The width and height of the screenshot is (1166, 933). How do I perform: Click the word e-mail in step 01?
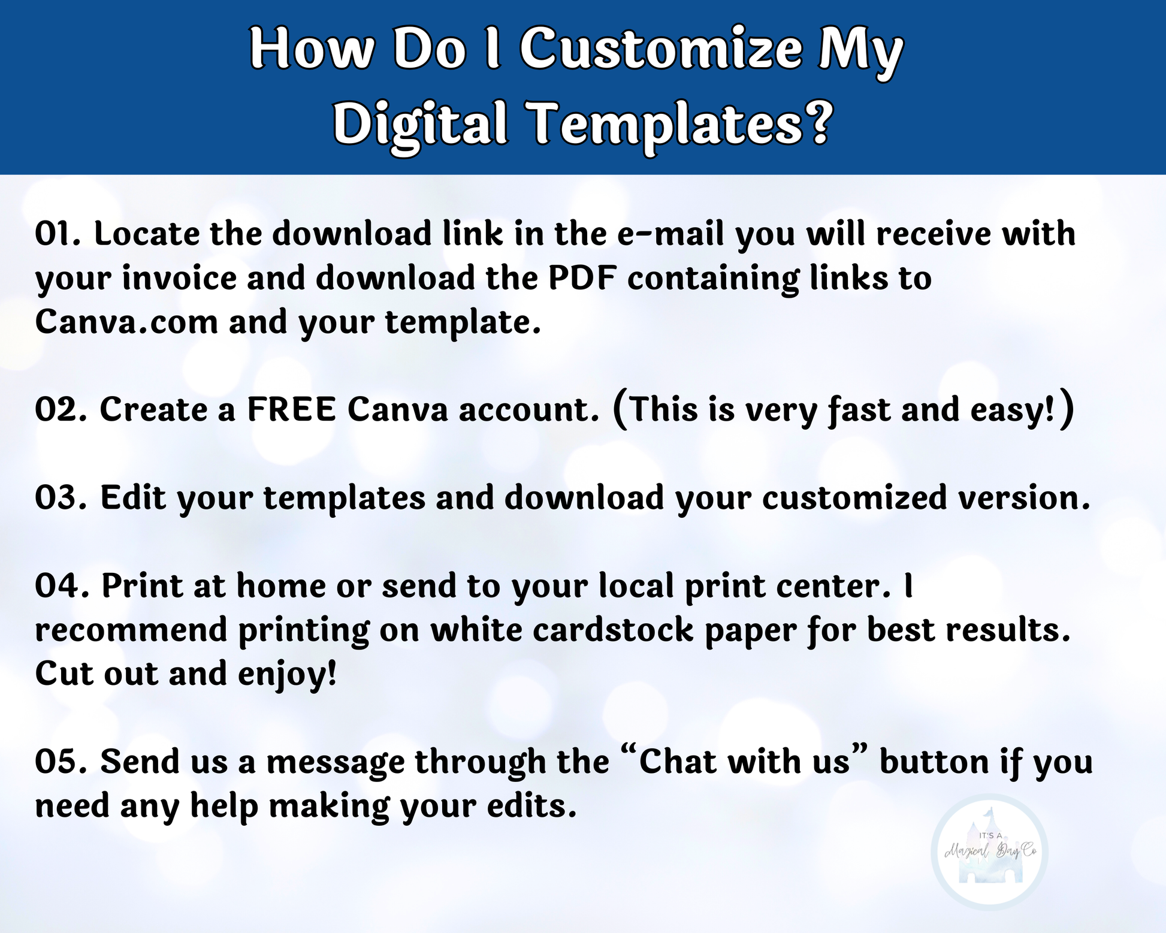tap(670, 233)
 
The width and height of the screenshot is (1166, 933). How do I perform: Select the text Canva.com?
tap(126, 322)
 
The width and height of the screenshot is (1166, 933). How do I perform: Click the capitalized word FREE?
tap(291, 410)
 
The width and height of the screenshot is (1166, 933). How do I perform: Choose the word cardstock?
tap(613, 630)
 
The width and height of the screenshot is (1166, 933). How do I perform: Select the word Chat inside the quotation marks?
tap(678, 762)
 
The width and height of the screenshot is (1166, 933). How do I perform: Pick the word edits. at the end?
tap(531, 806)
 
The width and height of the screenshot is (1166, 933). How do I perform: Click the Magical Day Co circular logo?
tap(990, 853)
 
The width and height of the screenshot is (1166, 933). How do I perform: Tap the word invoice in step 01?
tap(180, 278)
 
